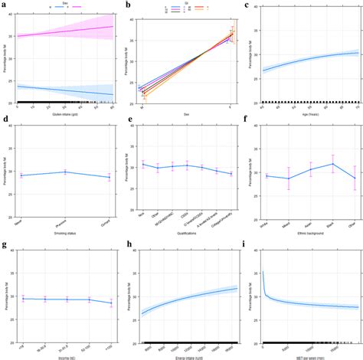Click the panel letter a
[5, 5]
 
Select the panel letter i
[246, 245]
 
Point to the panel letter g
[5, 245]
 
